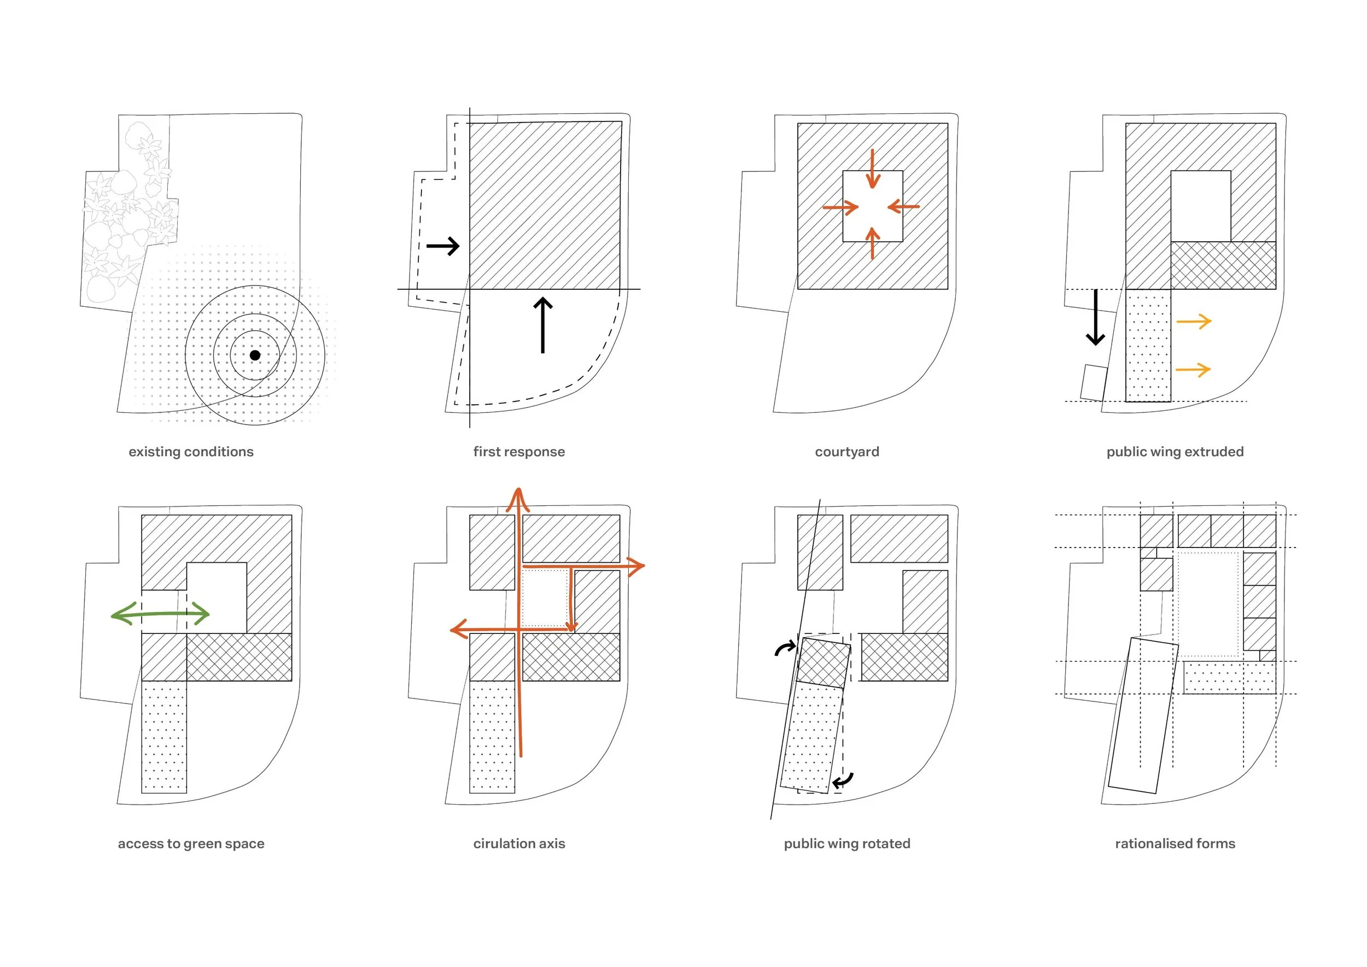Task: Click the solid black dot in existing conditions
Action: coord(255,355)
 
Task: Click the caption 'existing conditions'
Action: coord(191,451)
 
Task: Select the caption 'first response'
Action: coord(519,451)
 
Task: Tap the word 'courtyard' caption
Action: coord(846,451)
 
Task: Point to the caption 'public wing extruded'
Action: coord(1175,451)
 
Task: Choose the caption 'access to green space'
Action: coord(191,843)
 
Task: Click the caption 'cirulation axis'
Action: coord(519,843)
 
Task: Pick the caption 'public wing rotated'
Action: coord(846,843)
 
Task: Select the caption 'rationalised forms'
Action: coord(1175,843)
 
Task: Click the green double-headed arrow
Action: coord(161,614)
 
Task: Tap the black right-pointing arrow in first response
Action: coord(443,246)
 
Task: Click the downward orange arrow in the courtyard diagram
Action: coord(873,169)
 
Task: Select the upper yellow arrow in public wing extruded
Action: coord(1194,322)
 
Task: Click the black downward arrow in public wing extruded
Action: coord(1095,318)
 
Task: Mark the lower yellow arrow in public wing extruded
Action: coord(1194,370)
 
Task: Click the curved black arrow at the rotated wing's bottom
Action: coord(843,780)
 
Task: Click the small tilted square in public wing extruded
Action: coord(1094,383)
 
